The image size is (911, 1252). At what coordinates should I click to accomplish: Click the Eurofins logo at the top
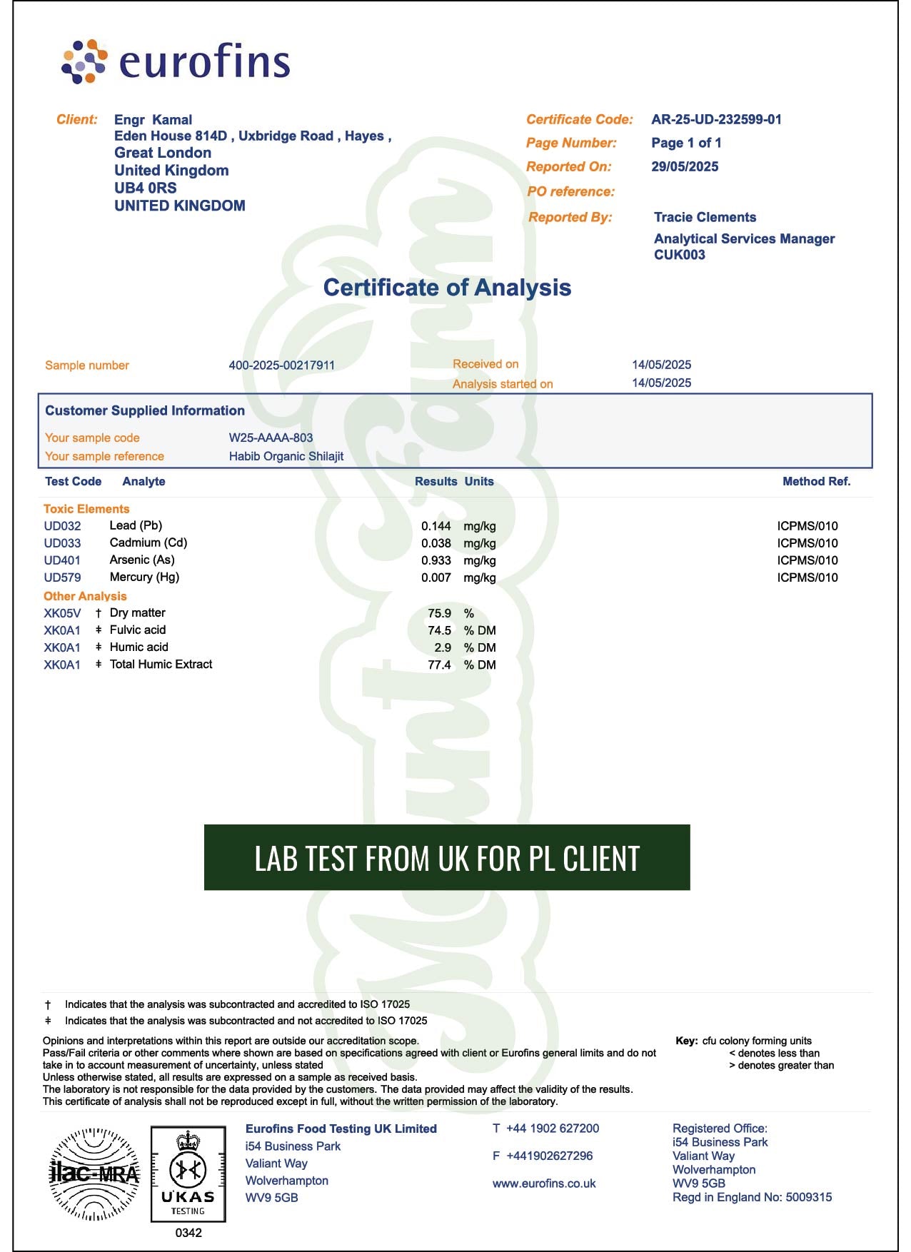pyautogui.click(x=176, y=61)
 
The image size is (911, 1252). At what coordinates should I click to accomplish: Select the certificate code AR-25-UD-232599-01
pyautogui.click(x=716, y=120)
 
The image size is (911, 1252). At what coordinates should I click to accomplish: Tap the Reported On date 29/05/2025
pyautogui.click(x=685, y=167)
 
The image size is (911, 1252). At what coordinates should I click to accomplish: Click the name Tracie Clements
pyautogui.click(x=705, y=218)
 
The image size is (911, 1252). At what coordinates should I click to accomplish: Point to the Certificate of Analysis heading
pyautogui.click(x=447, y=288)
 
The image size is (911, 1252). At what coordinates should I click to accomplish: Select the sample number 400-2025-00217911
pyautogui.click(x=281, y=365)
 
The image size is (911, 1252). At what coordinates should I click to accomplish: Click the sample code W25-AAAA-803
pyautogui.click(x=271, y=438)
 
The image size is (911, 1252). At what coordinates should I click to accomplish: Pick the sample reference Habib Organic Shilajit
pyautogui.click(x=286, y=456)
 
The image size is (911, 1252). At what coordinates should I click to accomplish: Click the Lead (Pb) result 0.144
pyautogui.click(x=436, y=526)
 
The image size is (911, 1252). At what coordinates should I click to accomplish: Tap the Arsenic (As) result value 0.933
pyautogui.click(x=436, y=560)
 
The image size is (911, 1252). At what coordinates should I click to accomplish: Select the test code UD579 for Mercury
pyautogui.click(x=62, y=577)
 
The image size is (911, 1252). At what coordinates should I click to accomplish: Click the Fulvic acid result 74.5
pyautogui.click(x=439, y=630)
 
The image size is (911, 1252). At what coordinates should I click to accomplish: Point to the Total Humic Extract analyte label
pyautogui.click(x=161, y=665)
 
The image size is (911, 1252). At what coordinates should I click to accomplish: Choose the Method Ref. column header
pyautogui.click(x=816, y=482)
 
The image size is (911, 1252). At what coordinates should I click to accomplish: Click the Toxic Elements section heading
pyautogui.click(x=86, y=509)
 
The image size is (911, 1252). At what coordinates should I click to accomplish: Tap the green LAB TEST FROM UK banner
pyautogui.click(x=447, y=857)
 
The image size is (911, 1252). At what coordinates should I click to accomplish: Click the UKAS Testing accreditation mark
pyautogui.click(x=188, y=1174)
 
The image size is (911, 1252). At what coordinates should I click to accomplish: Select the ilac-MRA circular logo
pyautogui.click(x=94, y=1173)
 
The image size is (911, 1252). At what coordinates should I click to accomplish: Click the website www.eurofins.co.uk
pyautogui.click(x=543, y=1183)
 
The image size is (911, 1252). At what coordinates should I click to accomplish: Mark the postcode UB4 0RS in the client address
pyautogui.click(x=146, y=188)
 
